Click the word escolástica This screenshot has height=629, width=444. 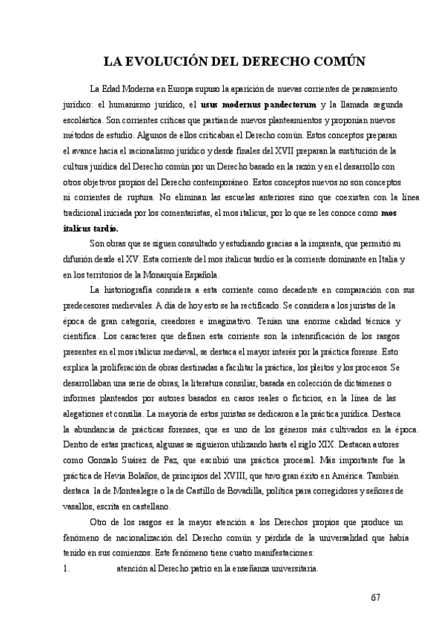[x=82, y=119]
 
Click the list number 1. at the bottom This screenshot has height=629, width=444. [x=67, y=568]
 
